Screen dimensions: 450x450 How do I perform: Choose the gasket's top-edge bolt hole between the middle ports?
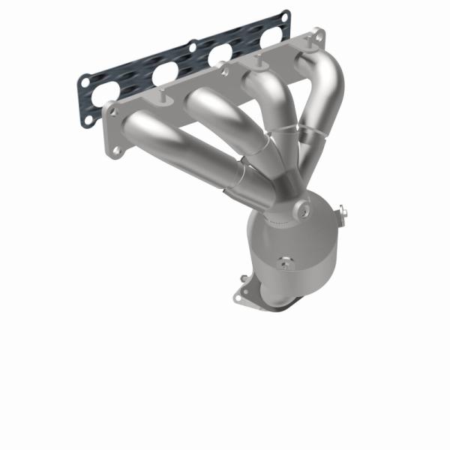point(193,46)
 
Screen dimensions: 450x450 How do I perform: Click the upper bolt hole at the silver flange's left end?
point(115,112)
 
